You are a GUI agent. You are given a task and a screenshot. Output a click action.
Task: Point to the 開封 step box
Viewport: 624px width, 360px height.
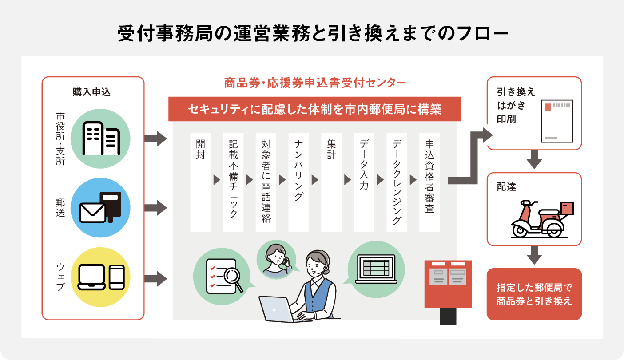point(200,182)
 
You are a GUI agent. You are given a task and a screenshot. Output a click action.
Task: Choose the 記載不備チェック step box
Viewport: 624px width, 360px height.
point(233,182)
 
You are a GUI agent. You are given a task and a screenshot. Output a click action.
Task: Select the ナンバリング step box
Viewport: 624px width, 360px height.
point(298,182)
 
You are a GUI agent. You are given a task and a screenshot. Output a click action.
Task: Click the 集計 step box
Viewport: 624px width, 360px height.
point(331,182)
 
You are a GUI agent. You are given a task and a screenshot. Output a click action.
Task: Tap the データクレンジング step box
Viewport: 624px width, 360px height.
point(397,182)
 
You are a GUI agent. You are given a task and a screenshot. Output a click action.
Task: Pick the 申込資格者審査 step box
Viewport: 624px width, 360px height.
point(429,182)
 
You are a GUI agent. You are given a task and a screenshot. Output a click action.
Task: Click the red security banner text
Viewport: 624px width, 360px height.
point(314,109)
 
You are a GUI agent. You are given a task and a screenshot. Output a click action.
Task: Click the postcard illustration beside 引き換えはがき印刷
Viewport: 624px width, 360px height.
point(557,121)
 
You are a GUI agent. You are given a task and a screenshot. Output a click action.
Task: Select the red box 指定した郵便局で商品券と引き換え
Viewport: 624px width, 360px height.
point(534,294)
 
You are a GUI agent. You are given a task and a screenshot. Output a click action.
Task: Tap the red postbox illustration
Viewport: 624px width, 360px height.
point(448,289)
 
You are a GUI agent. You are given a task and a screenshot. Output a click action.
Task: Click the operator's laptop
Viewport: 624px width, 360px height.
point(276,309)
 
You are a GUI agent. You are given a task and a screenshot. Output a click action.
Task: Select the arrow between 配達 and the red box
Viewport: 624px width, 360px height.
point(534,256)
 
